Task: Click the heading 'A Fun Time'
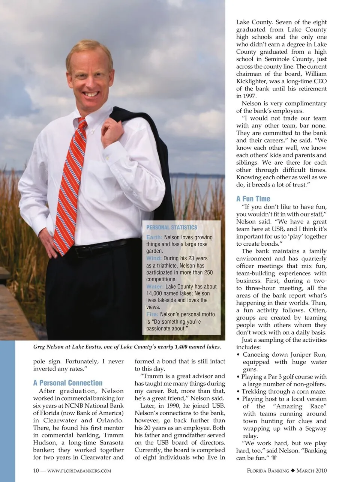coord(253,199)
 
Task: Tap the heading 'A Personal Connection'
coord(68,383)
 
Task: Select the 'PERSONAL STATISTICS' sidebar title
coord(171,227)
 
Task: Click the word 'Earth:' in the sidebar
coord(154,237)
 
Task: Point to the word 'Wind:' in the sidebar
coord(154,258)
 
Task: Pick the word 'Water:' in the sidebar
coord(155,287)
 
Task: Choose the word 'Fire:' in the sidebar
coord(152,314)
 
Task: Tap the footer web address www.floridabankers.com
coord(79,471)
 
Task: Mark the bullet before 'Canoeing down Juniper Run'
coord(238,355)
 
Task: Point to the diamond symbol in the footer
coord(293,471)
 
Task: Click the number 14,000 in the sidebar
coord(156,293)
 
